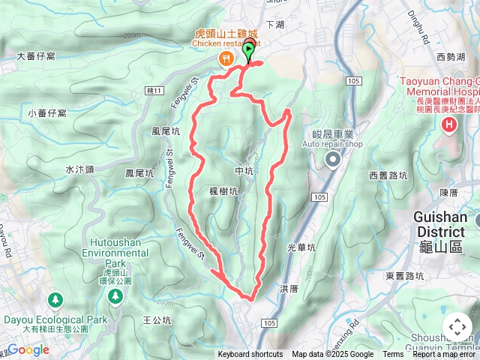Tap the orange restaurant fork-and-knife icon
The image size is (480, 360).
click(225, 58)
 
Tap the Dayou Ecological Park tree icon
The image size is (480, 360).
click(55, 301)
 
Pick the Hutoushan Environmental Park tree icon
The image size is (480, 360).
click(115, 297)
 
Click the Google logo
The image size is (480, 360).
click(27, 349)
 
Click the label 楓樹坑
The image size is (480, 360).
click(223, 192)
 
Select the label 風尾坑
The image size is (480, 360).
click(165, 130)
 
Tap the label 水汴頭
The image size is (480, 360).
click(79, 169)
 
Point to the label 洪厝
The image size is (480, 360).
click(289, 288)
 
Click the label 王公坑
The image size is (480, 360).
click(157, 320)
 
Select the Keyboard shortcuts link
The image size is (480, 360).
click(250, 355)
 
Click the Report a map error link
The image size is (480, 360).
click(445, 355)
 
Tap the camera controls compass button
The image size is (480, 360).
click(457, 327)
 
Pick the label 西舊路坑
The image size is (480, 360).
click(388, 175)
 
